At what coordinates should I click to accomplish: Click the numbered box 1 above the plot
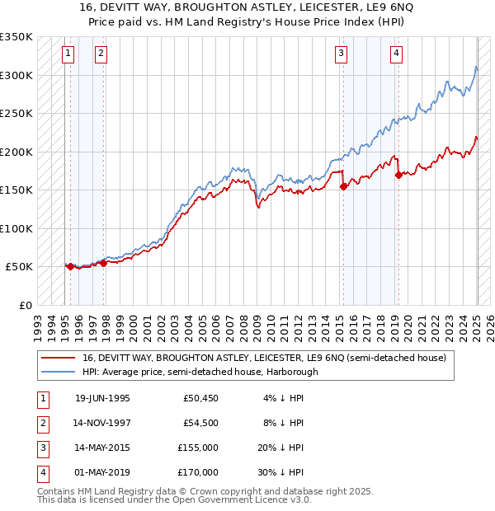(x=67, y=54)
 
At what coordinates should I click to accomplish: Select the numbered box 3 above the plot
(x=341, y=54)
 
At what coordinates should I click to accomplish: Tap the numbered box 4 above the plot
(x=396, y=54)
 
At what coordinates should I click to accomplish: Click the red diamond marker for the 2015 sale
(x=343, y=186)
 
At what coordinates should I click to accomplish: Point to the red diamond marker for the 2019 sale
(x=398, y=175)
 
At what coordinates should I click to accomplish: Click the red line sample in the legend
(x=59, y=359)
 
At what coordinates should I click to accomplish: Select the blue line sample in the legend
(x=59, y=372)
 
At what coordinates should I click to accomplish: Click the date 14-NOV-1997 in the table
(x=102, y=424)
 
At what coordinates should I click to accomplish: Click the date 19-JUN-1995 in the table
(x=102, y=399)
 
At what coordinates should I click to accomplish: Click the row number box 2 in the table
(x=41, y=424)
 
